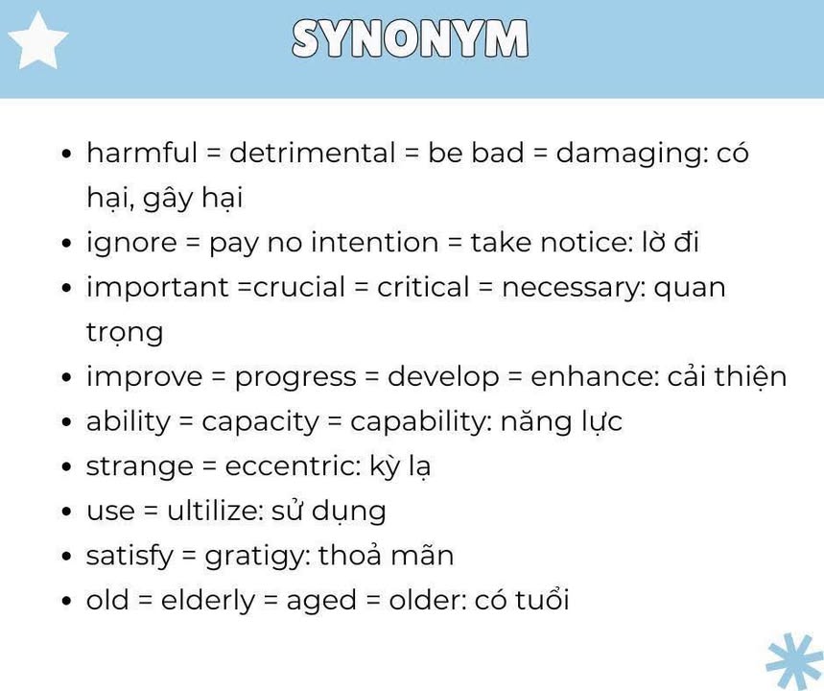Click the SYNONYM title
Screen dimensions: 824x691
(x=410, y=38)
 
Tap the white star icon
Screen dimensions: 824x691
(x=37, y=42)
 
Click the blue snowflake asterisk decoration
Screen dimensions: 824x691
(x=795, y=661)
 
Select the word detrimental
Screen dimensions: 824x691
(x=312, y=153)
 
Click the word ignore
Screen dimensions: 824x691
(x=131, y=244)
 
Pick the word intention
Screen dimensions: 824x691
(x=374, y=243)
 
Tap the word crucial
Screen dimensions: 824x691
(x=299, y=287)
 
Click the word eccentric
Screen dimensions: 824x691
(x=293, y=466)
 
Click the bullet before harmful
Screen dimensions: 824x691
(x=66, y=154)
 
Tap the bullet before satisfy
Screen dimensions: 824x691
(x=66, y=557)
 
